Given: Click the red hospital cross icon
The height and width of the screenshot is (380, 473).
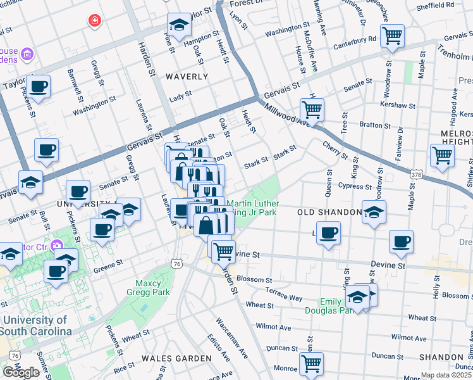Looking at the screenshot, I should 95,21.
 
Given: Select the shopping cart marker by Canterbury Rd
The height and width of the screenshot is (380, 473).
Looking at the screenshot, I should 393,35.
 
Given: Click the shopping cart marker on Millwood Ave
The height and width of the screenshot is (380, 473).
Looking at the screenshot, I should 312,110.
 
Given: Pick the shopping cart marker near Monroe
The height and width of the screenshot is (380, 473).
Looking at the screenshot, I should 311,364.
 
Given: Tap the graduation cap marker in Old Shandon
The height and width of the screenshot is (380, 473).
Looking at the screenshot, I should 374,213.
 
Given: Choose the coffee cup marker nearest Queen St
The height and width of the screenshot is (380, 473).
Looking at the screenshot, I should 328,233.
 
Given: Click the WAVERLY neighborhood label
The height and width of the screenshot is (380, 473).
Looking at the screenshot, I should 187,77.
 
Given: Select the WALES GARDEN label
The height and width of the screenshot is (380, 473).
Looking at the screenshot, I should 176,358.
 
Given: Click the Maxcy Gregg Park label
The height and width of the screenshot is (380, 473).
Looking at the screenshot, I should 152,288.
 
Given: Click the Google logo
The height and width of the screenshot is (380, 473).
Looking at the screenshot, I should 21,372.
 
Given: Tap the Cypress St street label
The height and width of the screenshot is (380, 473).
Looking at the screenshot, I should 355,187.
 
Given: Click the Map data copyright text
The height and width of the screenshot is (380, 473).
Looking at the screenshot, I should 446,375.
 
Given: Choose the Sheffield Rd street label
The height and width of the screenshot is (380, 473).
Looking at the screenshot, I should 436,4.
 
